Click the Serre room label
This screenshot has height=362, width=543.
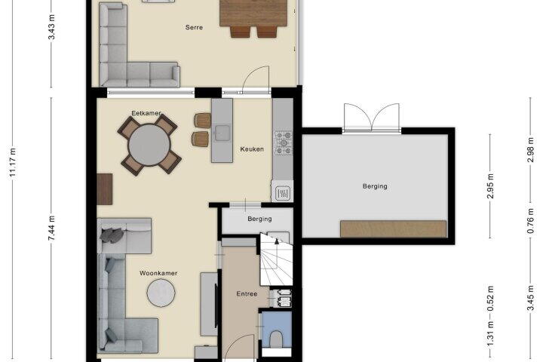pos(194,27)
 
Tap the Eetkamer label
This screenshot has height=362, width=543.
pos(146,113)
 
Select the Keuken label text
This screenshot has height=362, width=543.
pos(252,149)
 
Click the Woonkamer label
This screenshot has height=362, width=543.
pos(158,273)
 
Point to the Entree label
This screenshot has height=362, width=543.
pos(247,294)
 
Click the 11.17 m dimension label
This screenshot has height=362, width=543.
pos(13,162)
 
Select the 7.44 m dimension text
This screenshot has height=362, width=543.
pos(51,229)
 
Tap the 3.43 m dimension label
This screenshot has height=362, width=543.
pos(51,27)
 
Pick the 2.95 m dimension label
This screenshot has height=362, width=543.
pos(490,186)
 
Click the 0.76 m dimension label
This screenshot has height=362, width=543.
pos(530,221)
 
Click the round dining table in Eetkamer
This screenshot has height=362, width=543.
pos(149,145)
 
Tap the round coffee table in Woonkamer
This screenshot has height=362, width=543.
pos(161,293)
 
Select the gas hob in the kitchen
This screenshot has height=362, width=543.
pos(284,143)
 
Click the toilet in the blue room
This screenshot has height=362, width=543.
pos(276,339)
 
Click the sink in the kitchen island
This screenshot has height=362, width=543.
pos(222,133)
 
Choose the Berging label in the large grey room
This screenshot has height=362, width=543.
pos(375,186)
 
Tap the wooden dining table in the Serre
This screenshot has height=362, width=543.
pos(253,13)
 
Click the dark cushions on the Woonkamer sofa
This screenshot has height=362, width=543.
pos(112,235)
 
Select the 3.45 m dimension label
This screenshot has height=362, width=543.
pos(530,298)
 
